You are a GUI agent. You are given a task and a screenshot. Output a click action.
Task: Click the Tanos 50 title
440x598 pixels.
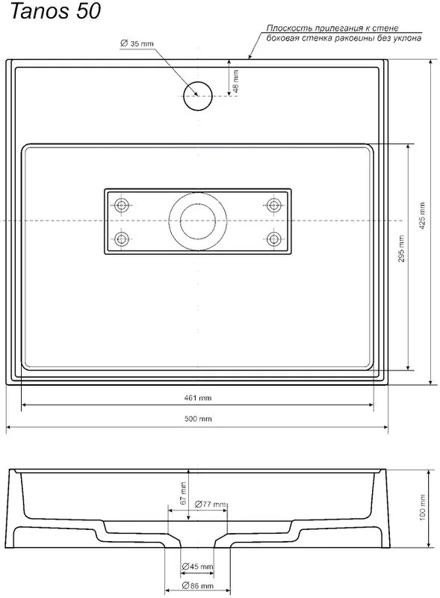56,10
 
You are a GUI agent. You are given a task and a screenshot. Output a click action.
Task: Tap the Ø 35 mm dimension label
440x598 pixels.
137,43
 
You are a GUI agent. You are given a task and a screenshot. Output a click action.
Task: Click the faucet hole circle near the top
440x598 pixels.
197,96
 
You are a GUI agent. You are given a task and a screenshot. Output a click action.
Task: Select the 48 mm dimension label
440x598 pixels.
235,81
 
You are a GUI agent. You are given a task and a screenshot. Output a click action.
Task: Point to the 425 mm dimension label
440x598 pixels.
422,216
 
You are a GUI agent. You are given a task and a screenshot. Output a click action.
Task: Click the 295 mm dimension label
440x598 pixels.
401,249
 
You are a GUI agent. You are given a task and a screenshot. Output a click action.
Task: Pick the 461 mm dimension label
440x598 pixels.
198,398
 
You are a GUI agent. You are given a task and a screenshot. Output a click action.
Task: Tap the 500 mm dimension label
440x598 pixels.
198,419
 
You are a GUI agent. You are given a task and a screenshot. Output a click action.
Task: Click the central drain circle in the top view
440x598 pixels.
198,221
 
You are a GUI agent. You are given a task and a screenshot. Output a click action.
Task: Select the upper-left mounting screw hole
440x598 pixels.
122,205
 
